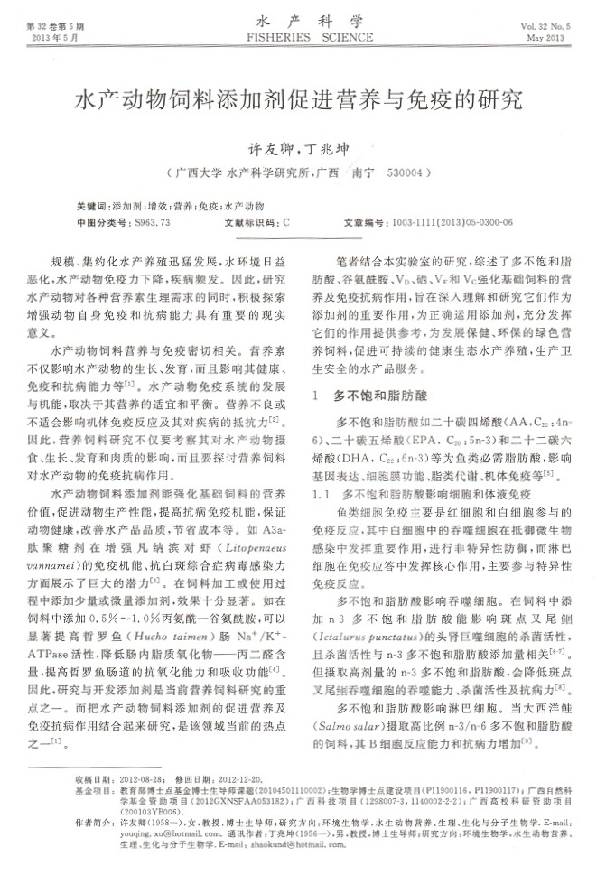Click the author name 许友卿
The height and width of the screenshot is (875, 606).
click(x=268, y=146)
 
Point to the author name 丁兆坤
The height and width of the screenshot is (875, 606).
click(x=323, y=146)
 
